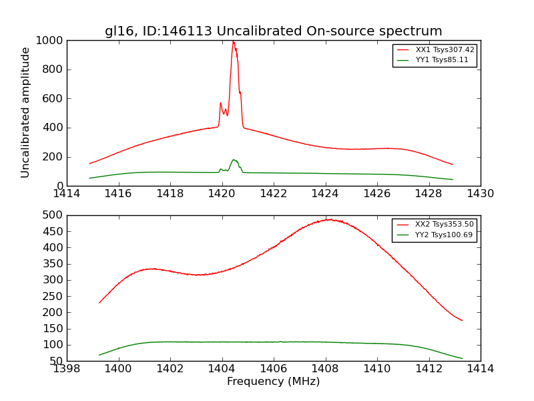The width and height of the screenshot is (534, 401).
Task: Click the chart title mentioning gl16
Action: [273, 31]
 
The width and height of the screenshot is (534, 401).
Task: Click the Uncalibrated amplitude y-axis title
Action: [25, 112]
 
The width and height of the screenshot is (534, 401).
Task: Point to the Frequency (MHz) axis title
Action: [273, 382]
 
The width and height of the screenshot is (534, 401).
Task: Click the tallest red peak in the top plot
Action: [233, 42]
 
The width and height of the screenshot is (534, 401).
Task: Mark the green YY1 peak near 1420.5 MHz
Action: [234, 160]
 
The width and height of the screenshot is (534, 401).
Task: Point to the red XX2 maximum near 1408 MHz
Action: [329, 219]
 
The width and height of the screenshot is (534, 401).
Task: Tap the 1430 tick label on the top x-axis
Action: [480, 194]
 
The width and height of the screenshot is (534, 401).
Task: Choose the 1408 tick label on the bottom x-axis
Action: [325, 368]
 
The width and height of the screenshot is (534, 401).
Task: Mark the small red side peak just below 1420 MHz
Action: [220, 103]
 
